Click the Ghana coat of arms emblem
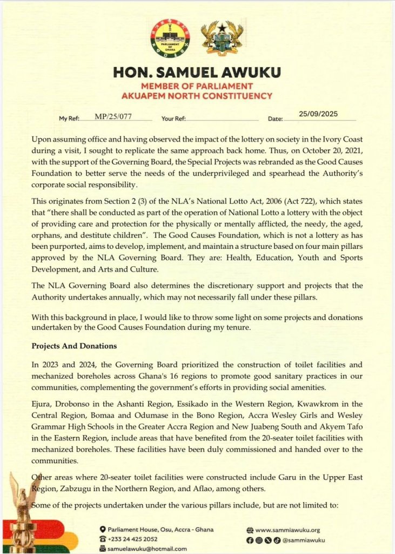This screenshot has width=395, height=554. [x=222, y=38]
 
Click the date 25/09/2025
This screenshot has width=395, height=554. [x=318, y=114]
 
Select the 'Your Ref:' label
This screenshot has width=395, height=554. [x=173, y=118]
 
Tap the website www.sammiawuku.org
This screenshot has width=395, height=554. [x=287, y=530]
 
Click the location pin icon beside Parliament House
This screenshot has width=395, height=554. [x=103, y=529]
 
